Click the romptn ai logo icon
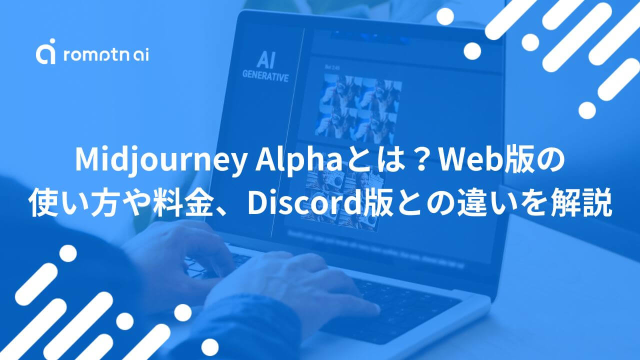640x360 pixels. [45, 53]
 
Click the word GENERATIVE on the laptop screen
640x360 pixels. [265, 77]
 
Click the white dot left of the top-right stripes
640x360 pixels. [472, 51]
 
